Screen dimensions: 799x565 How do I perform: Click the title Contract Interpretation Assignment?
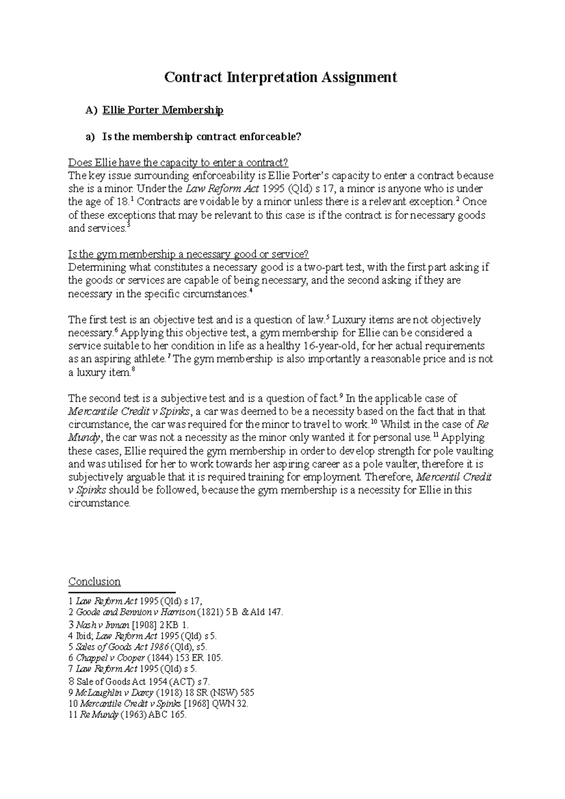pyautogui.click(x=280, y=77)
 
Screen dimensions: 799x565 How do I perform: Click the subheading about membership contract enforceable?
pyautogui.click(x=201, y=137)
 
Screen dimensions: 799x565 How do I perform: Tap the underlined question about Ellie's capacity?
pyautogui.click(x=178, y=163)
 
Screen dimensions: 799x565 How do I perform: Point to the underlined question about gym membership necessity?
pyautogui.click(x=188, y=255)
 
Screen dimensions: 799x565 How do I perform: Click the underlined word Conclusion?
pyautogui.click(x=94, y=582)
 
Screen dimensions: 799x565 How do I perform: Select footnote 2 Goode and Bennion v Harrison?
pyautogui.click(x=176, y=613)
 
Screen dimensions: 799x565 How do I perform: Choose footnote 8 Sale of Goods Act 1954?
pyautogui.click(x=139, y=681)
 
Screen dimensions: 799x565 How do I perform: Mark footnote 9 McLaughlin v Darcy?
pyautogui.click(x=161, y=693)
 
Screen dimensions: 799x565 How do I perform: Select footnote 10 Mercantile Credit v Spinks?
pyautogui.click(x=158, y=704)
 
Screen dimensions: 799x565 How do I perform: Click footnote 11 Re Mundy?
pyautogui.click(x=127, y=715)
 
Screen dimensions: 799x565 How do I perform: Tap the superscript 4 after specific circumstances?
pyautogui.click(x=250, y=291)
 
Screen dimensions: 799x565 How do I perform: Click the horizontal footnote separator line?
pyautogui.click(x=121, y=593)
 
